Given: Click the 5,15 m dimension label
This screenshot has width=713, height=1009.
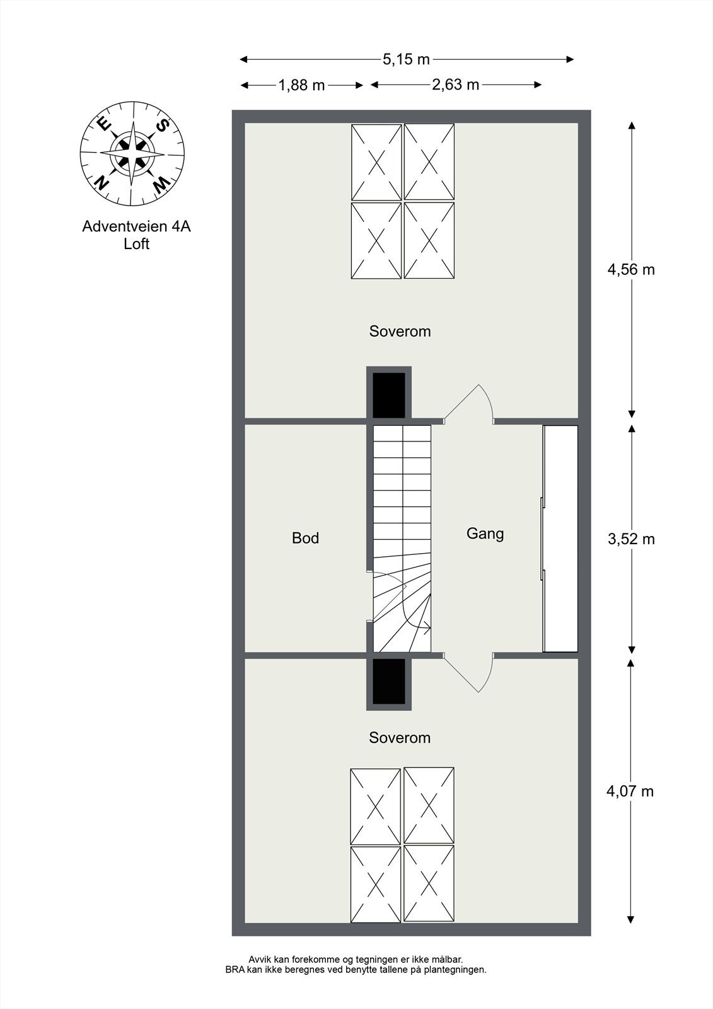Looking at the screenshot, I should point(406,59).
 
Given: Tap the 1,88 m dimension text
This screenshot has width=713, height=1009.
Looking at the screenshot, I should point(301,85).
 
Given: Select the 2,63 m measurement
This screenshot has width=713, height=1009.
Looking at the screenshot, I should point(455,85).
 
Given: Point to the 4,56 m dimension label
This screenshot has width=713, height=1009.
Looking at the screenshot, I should point(630,270).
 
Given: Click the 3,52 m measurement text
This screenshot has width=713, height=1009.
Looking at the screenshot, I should point(630,539).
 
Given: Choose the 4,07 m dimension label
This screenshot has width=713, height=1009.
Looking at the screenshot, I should point(630,791).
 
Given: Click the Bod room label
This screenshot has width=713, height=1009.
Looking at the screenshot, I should point(305,538).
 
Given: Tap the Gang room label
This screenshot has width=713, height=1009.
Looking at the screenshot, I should point(485,534).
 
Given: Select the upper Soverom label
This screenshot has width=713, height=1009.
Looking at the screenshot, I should point(400,331).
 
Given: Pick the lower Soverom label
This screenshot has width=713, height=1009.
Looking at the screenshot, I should point(400,737).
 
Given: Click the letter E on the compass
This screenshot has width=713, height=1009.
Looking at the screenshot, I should point(103,124).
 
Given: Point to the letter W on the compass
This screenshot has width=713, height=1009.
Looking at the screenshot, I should point(161,184).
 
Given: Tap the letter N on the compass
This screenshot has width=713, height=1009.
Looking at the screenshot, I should point(100,183).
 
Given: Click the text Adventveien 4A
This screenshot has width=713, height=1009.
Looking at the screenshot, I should point(136,226).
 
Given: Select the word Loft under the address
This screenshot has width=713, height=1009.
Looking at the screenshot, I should point(136,244).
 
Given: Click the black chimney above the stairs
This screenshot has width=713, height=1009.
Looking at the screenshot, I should point(389,394).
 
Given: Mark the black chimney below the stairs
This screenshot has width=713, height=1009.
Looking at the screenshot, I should point(389,682).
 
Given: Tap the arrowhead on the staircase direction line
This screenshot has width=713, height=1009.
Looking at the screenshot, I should point(427,627).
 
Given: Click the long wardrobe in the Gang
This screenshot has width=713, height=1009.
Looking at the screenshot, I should point(560,539).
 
